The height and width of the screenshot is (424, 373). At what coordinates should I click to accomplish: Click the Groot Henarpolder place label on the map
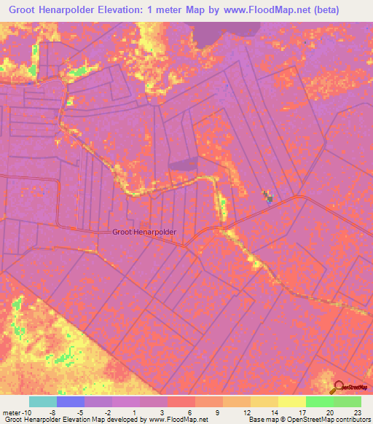coord(144,232)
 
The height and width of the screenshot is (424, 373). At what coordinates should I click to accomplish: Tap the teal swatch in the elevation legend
coord(43,401)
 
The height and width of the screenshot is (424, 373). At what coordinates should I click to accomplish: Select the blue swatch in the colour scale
coord(71,401)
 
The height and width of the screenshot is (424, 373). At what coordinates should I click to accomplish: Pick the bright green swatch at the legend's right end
coord(347,401)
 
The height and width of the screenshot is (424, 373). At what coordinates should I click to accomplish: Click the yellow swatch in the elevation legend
coord(291,401)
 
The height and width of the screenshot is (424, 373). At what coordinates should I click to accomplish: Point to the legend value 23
coord(356,412)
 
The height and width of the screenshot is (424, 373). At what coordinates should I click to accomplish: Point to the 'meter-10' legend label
coord(16,412)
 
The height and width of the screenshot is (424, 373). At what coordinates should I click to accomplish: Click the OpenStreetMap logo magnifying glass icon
coord(338,388)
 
